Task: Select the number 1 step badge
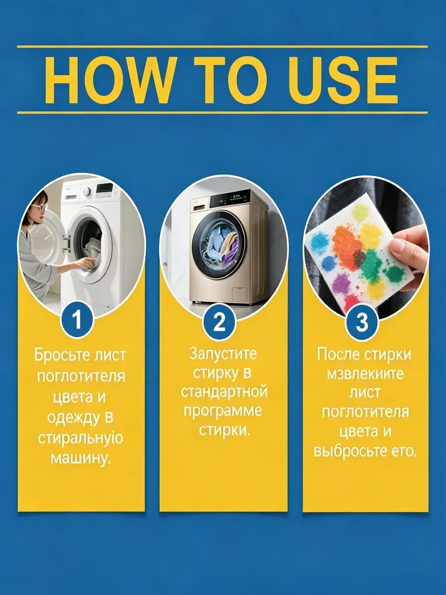pyautogui.click(x=77, y=321)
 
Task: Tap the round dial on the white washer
pyautogui.click(x=87, y=192)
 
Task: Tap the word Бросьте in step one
pyautogui.click(x=58, y=356)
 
